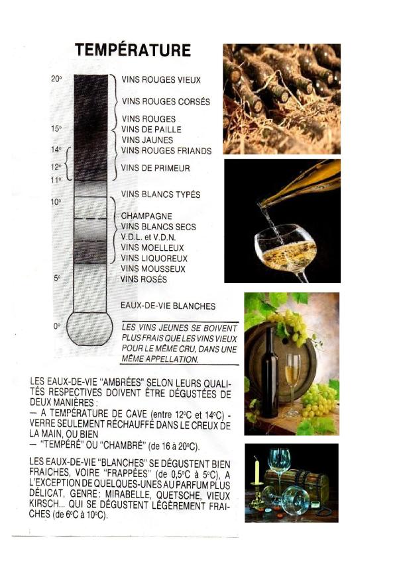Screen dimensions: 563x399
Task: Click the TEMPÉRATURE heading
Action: (x=133, y=50)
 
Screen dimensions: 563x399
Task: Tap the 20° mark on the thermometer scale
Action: (x=56, y=79)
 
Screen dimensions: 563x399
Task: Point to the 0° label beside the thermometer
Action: (x=57, y=326)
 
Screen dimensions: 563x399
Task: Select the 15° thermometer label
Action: (x=56, y=128)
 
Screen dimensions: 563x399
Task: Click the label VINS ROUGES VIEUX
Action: (x=161, y=80)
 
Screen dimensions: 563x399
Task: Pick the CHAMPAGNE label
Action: (x=146, y=216)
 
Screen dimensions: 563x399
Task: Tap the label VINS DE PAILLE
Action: (x=151, y=130)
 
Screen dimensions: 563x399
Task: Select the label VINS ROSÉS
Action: (x=143, y=280)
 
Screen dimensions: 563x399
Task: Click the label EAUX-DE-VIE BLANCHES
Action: (x=168, y=306)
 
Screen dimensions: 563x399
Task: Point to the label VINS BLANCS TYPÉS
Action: (x=160, y=195)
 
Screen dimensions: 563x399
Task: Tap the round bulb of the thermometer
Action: (x=91, y=327)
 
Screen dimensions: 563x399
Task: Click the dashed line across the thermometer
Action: (x=91, y=218)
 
